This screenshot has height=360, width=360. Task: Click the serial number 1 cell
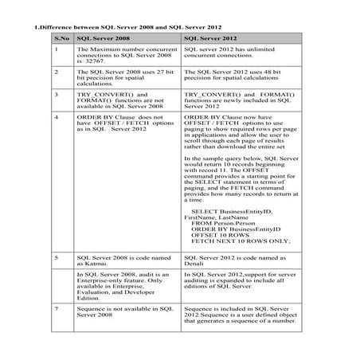coord(56,49)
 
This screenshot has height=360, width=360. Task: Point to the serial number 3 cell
coord(56,94)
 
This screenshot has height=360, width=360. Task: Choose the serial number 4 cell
coord(56,116)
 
